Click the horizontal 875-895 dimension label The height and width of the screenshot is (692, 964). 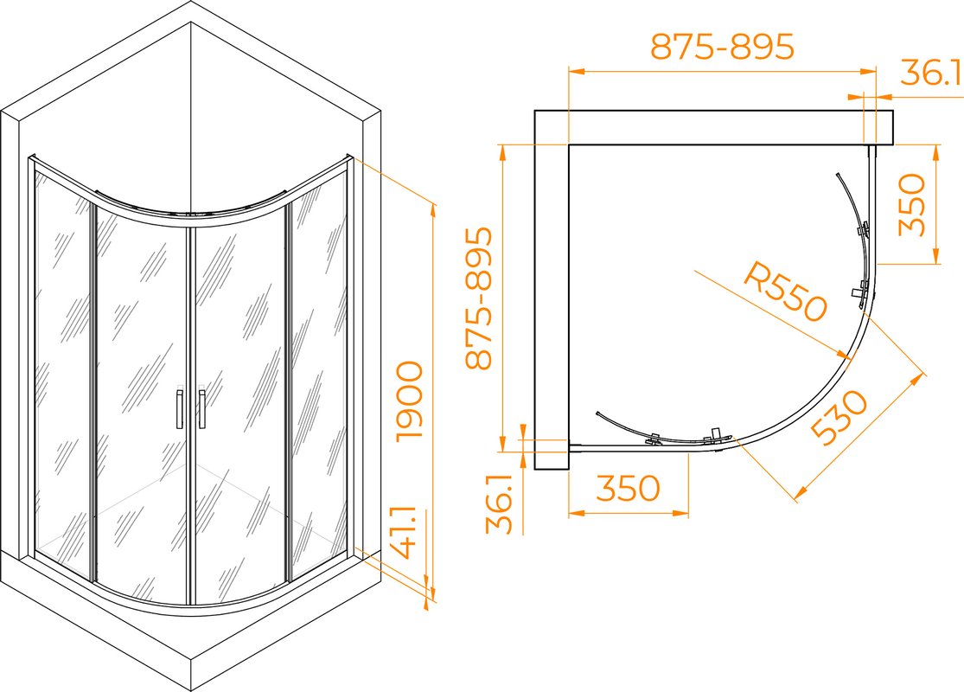click(x=723, y=47)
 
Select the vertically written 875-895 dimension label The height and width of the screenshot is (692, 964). click(x=479, y=298)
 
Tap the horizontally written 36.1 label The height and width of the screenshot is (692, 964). click(x=931, y=74)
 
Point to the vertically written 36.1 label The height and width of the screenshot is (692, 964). click(x=499, y=503)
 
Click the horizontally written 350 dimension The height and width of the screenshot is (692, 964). click(x=628, y=489)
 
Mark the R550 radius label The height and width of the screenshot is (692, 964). click(x=785, y=291)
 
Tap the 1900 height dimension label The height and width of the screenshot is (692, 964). click(x=410, y=400)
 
